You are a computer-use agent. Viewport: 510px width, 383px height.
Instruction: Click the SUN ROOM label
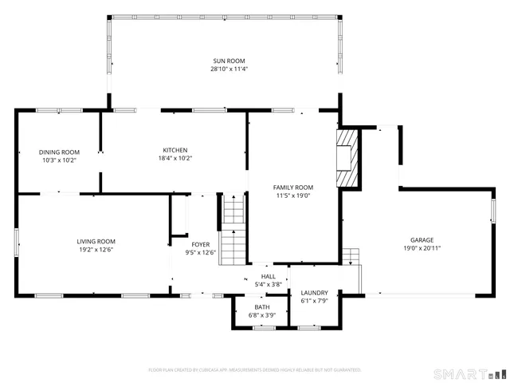(229, 61)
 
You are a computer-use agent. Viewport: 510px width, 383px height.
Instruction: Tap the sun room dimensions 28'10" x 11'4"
(229, 69)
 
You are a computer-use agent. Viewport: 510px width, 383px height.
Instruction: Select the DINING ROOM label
(59, 152)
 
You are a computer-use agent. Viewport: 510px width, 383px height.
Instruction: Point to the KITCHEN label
(175, 150)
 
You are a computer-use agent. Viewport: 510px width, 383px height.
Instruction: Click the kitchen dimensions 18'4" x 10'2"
(175, 158)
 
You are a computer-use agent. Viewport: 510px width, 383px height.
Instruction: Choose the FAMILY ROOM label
(292, 187)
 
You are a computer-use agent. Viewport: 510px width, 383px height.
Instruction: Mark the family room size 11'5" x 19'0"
(292, 195)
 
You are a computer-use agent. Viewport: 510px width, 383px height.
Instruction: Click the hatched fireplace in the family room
(347, 157)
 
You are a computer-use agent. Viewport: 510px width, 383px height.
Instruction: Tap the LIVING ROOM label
(96, 241)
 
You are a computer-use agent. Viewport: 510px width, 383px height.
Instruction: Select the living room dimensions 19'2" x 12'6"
(96, 250)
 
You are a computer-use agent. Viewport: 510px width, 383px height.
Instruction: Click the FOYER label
(200, 245)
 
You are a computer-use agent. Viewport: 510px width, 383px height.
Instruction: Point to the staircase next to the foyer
(232, 231)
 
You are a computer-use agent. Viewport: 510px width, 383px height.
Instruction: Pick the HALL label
(269, 276)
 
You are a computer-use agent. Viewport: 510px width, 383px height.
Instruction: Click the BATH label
(262, 307)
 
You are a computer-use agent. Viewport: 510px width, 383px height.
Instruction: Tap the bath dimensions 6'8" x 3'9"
(262, 315)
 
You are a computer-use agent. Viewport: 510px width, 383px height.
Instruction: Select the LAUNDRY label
(314, 292)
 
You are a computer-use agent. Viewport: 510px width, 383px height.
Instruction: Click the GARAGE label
(422, 239)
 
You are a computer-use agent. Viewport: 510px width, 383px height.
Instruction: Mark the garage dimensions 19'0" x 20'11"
(422, 248)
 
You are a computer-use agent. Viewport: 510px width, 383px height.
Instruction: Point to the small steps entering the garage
(351, 255)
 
